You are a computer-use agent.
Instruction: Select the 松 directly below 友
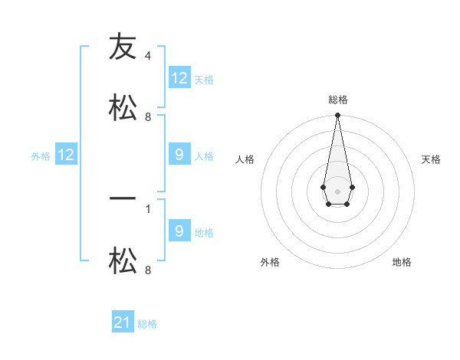point(123,107)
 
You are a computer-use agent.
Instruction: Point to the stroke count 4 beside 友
point(148,56)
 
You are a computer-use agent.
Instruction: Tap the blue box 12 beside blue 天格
point(179,78)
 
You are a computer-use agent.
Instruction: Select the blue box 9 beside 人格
point(179,155)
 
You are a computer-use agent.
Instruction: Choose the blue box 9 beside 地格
point(179,231)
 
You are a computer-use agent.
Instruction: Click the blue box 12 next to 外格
point(66,155)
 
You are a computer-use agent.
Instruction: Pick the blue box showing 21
point(123,322)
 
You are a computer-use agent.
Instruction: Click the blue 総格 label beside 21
point(147,324)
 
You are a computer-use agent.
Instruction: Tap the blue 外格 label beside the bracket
point(41,156)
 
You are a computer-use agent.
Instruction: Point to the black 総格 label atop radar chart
point(337,100)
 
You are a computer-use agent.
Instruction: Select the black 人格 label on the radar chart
point(245,159)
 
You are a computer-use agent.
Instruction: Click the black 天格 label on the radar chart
point(431,159)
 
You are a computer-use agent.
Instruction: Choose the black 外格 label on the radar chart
point(270,262)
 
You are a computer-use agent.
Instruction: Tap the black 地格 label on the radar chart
point(402,262)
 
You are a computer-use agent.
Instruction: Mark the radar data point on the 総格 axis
point(337,116)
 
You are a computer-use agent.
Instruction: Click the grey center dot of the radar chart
point(337,190)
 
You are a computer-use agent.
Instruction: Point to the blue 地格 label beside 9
point(205,233)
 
